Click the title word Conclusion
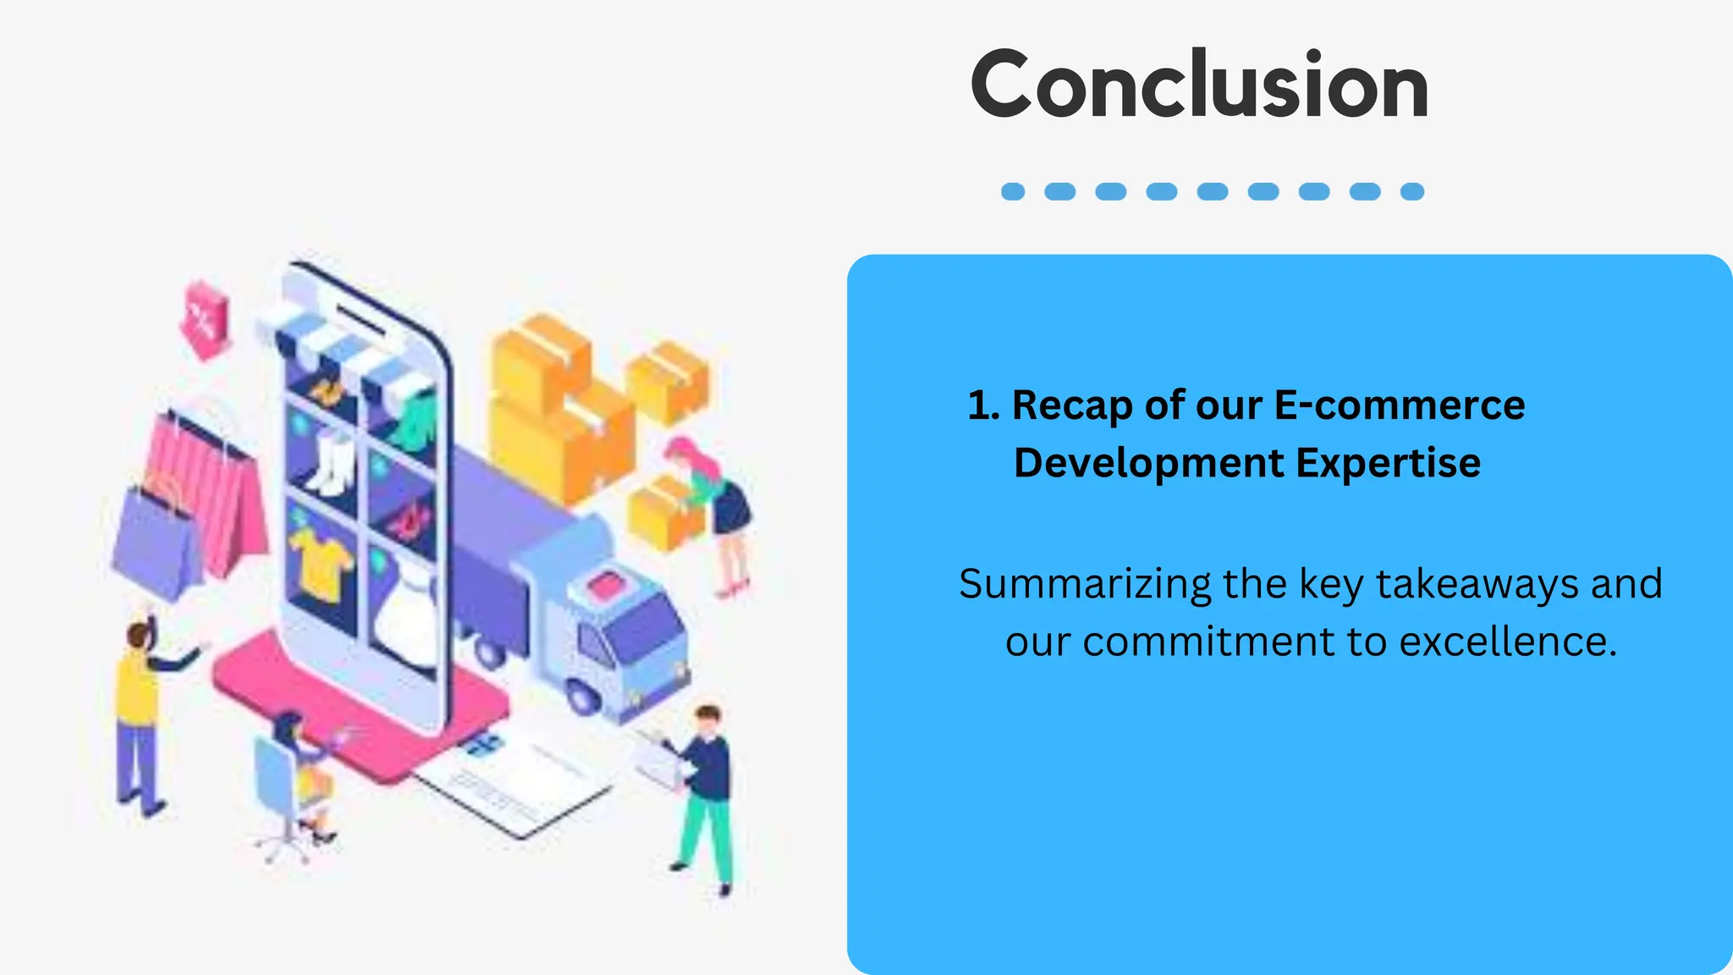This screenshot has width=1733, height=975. point(1199,85)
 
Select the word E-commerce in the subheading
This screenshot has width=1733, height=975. point(1399,405)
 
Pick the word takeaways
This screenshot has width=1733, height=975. point(1477,584)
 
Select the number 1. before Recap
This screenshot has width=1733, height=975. point(983,405)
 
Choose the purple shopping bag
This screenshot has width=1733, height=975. point(157,542)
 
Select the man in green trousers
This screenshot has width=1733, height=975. point(705,796)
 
